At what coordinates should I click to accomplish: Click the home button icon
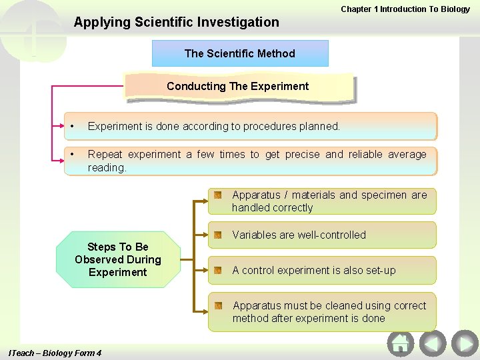click(401, 343)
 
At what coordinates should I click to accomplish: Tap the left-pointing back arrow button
click(433, 343)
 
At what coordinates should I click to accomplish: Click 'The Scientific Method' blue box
click(240, 53)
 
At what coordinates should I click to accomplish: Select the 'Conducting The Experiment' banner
click(238, 86)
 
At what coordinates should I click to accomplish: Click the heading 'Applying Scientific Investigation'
click(177, 22)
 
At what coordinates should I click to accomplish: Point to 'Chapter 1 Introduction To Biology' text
click(405, 9)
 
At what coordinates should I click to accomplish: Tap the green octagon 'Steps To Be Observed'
click(118, 259)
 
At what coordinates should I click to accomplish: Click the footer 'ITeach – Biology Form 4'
click(54, 353)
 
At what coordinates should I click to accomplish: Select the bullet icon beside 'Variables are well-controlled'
click(218, 235)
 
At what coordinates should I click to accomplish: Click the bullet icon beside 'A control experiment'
click(218, 270)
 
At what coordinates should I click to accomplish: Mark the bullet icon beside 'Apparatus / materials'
click(218, 195)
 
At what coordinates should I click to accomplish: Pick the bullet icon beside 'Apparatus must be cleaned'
click(218, 305)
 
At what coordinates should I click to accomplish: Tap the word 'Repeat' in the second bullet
click(105, 154)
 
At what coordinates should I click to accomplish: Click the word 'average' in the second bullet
click(407, 154)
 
